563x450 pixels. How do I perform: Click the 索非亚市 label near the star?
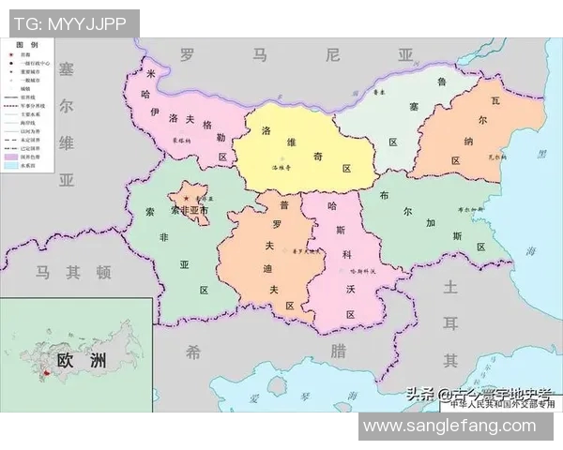click(189, 212)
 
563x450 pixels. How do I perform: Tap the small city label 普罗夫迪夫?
click(306, 251)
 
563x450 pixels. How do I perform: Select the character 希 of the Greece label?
click(193, 352)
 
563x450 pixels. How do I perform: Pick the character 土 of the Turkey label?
click(451, 286)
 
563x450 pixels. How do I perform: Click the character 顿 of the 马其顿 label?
click(102, 273)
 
